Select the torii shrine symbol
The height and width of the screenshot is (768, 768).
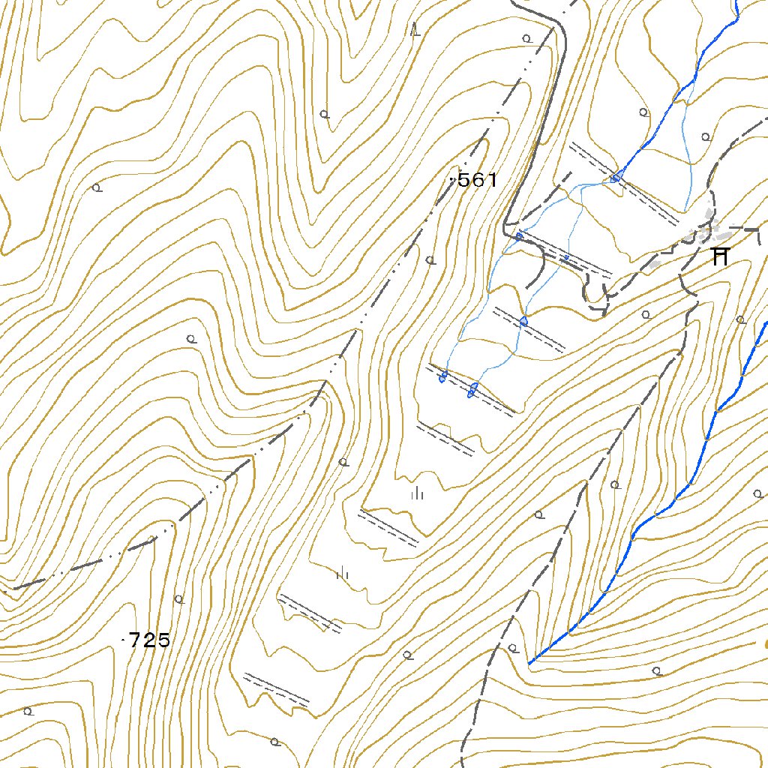720,256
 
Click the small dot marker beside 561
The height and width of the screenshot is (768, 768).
451,180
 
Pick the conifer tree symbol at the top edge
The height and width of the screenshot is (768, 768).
416,30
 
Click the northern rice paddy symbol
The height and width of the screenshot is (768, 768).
418,493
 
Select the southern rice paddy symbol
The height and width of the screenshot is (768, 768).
343,574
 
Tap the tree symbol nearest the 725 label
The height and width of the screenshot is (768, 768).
178,598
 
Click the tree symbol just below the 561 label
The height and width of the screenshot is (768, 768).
430,260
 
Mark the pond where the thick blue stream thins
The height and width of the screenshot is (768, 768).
615,178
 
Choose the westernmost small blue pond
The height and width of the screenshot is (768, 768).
443,376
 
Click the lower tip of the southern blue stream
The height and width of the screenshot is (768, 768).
530,663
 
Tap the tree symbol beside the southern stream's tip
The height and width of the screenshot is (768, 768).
513,647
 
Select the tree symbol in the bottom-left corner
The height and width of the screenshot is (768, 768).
28,711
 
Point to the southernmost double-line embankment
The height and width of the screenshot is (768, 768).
276,689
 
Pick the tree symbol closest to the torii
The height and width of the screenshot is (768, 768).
740,319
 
